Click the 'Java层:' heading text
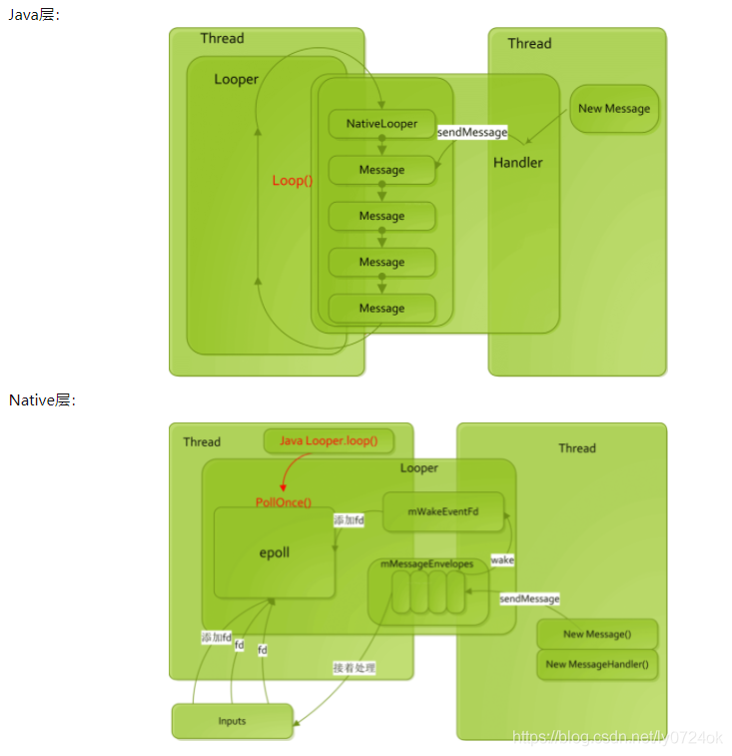[x=35, y=14]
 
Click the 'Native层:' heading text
[x=43, y=399]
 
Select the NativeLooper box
[x=381, y=124]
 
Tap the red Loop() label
[x=293, y=181]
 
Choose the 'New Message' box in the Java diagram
[x=613, y=109]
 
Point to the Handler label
[x=517, y=162]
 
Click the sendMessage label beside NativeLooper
[x=472, y=132]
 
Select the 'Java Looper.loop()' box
[x=328, y=440]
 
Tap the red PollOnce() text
[x=284, y=502]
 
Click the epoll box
[x=274, y=552]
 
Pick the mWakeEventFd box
[x=442, y=511]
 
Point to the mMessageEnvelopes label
[x=427, y=564]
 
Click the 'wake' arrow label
[x=502, y=560]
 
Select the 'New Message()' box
[x=597, y=634]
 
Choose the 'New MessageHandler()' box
[x=597, y=664]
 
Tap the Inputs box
[x=232, y=721]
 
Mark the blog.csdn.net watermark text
[x=617, y=737]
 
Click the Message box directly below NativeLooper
[x=381, y=170]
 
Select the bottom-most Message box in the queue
[x=381, y=309]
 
